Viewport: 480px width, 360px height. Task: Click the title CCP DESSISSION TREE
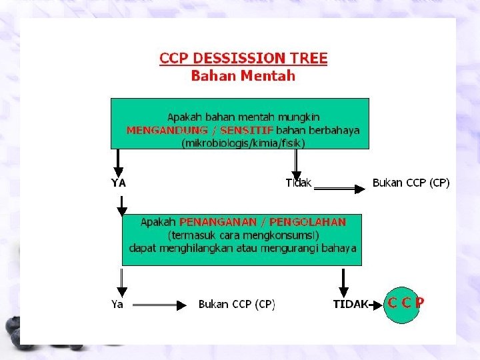pyautogui.click(x=243, y=58)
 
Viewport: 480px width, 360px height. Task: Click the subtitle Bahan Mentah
pyautogui.click(x=243, y=75)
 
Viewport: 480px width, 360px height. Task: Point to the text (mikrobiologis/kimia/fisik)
pyautogui.click(x=243, y=143)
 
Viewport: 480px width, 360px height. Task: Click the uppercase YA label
pyautogui.click(x=119, y=183)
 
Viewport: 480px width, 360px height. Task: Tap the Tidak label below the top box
pyautogui.click(x=298, y=183)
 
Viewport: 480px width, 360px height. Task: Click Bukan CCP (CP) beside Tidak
pyautogui.click(x=411, y=183)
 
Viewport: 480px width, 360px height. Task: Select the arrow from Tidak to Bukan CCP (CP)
pyautogui.click(x=340, y=189)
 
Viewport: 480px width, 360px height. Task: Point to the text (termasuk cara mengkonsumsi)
pyautogui.click(x=243, y=235)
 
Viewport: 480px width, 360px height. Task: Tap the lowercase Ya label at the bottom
pyautogui.click(x=117, y=304)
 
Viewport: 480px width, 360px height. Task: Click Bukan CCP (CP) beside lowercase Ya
pyautogui.click(x=237, y=304)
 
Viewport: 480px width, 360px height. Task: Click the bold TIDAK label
pyautogui.click(x=351, y=304)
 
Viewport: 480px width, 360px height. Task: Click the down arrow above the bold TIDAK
pyautogui.click(x=343, y=283)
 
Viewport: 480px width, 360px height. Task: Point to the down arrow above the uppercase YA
pyautogui.click(x=118, y=162)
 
